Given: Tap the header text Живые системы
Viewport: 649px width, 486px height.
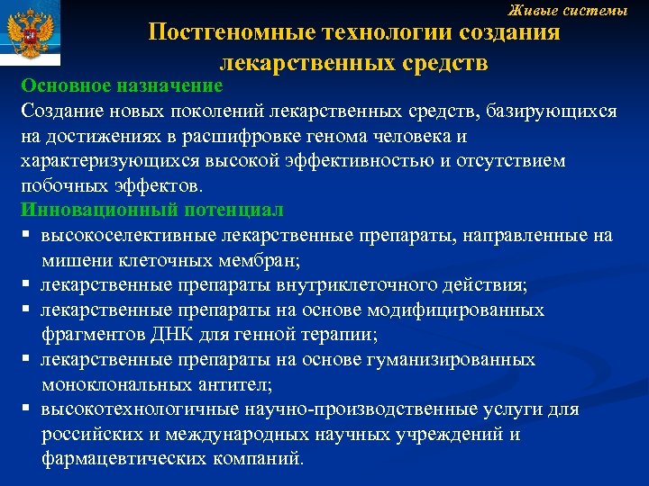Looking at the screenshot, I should pos(568,10).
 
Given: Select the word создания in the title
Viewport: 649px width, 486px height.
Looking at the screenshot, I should pos(510,33).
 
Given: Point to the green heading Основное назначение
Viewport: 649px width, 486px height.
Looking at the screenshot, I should pos(122,86).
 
